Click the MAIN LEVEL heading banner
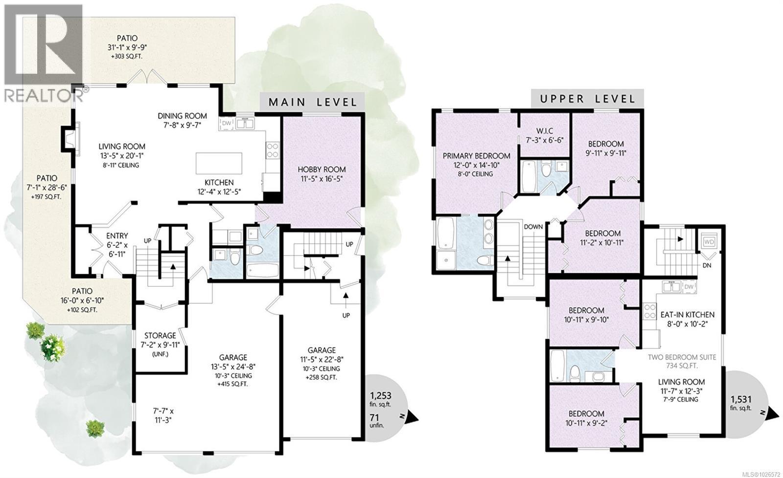[x=312, y=102]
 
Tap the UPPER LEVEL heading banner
[x=587, y=99]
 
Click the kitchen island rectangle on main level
[x=219, y=163]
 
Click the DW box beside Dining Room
[x=226, y=124]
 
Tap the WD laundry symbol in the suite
[x=708, y=242]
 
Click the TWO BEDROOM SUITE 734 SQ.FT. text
[x=682, y=361]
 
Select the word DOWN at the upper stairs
[x=533, y=227]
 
